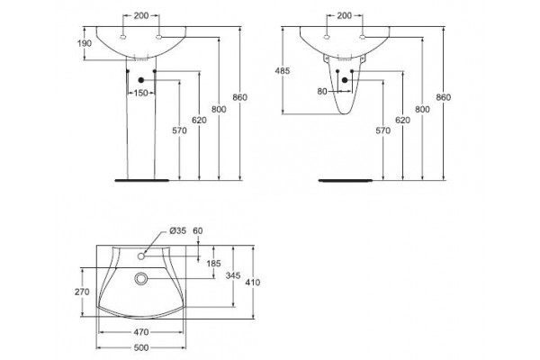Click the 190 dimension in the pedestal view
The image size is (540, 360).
(x=85, y=44)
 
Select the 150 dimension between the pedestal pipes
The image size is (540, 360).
(x=141, y=93)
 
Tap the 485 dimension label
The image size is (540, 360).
(x=283, y=71)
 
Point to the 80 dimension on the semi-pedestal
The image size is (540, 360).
(x=322, y=92)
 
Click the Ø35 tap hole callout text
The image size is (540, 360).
(x=177, y=230)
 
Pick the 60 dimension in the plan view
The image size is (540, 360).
(x=198, y=230)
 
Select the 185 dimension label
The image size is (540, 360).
(x=213, y=264)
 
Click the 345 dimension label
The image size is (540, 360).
(x=233, y=275)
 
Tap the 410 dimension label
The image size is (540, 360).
(x=253, y=283)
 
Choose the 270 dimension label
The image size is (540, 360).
(x=82, y=292)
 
